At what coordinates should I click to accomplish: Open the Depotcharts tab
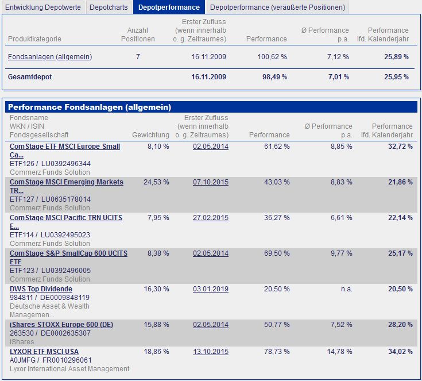(x=109, y=7)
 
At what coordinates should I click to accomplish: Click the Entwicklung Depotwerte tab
(x=43, y=7)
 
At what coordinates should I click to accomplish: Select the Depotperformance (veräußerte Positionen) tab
(x=277, y=7)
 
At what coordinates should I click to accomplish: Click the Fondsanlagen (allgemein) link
(x=50, y=57)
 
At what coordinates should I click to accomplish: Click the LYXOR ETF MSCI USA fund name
(x=44, y=351)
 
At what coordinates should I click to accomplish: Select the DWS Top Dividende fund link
(x=41, y=288)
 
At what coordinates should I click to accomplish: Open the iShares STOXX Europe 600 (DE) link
(x=61, y=325)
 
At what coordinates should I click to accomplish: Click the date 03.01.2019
(x=211, y=288)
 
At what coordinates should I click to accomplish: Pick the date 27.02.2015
(x=211, y=218)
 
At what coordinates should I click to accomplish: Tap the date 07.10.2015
(x=211, y=182)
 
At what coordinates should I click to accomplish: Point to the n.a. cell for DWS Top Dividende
(x=346, y=288)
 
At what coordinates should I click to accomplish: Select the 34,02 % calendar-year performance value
(x=400, y=351)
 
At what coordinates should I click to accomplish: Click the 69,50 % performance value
(x=277, y=253)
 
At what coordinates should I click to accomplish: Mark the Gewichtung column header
(x=150, y=135)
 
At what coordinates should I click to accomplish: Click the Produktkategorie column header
(x=34, y=39)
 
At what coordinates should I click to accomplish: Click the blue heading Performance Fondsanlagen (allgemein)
(x=90, y=107)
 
